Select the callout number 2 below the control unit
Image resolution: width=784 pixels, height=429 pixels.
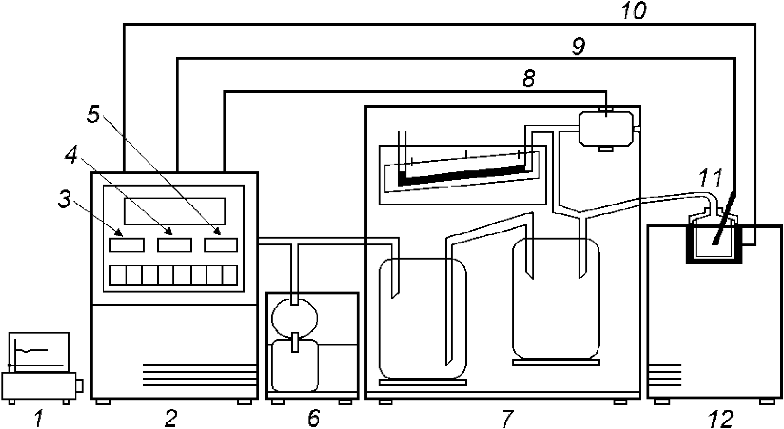(x=170, y=419)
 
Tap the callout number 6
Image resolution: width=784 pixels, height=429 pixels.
(x=313, y=419)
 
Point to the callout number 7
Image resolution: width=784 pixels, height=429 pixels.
(x=508, y=419)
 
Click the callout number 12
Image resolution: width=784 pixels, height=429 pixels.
(x=721, y=419)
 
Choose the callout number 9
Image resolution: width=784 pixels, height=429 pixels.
(x=578, y=47)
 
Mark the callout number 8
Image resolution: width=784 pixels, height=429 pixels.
(x=528, y=79)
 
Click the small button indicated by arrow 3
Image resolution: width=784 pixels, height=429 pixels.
(x=127, y=245)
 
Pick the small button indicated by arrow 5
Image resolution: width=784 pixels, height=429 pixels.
(x=221, y=245)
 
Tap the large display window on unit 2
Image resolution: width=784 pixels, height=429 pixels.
(x=174, y=211)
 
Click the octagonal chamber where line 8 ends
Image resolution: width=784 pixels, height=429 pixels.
(x=606, y=128)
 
